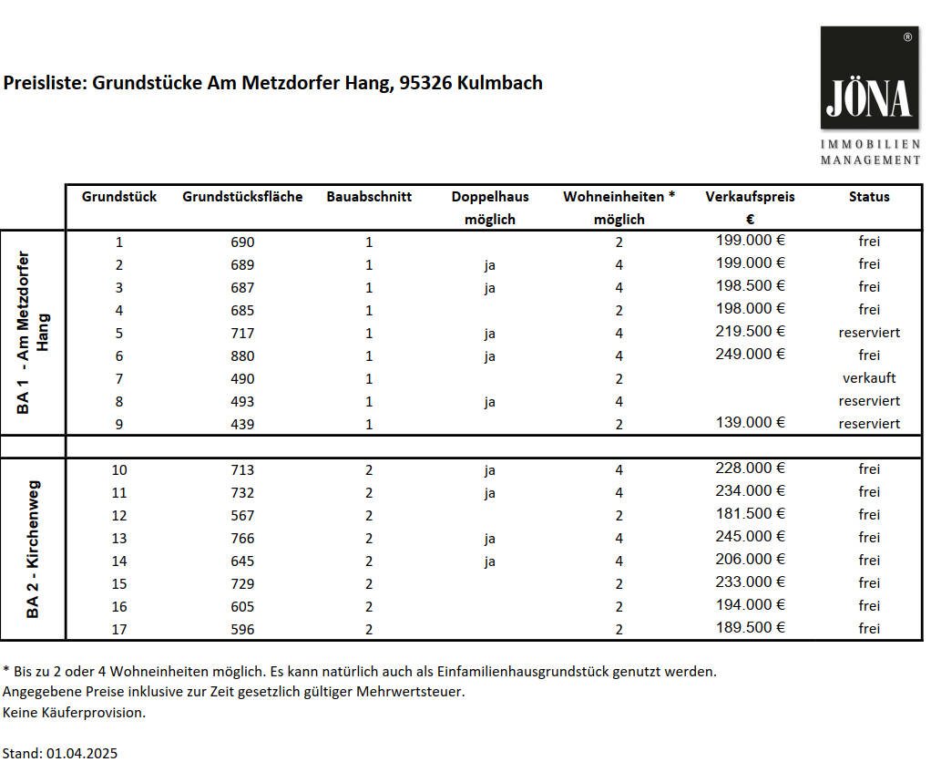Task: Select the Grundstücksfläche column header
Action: tap(242, 197)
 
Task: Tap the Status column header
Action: tap(869, 197)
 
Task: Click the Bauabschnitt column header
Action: tap(369, 197)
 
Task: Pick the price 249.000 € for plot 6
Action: tap(751, 354)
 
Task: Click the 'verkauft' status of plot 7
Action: tap(869, 377)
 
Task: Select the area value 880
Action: tap(242, 355)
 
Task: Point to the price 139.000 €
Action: tap(751, 422)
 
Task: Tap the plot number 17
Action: tap(119, 629)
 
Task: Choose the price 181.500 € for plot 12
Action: tap(751, 513)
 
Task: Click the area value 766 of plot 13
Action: tap(242, 538)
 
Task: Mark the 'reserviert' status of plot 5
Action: tap(869, 333)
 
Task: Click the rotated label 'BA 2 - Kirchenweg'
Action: tap(33, 549)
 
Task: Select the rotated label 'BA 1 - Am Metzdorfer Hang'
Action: tap(33, 333)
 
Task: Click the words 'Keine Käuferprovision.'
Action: tap(74, 713)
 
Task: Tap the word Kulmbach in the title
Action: tap(501, 83)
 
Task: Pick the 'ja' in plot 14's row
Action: tap(490, 561)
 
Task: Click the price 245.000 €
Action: tap(751, 536)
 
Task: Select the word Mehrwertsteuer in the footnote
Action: tap(411, 692)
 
